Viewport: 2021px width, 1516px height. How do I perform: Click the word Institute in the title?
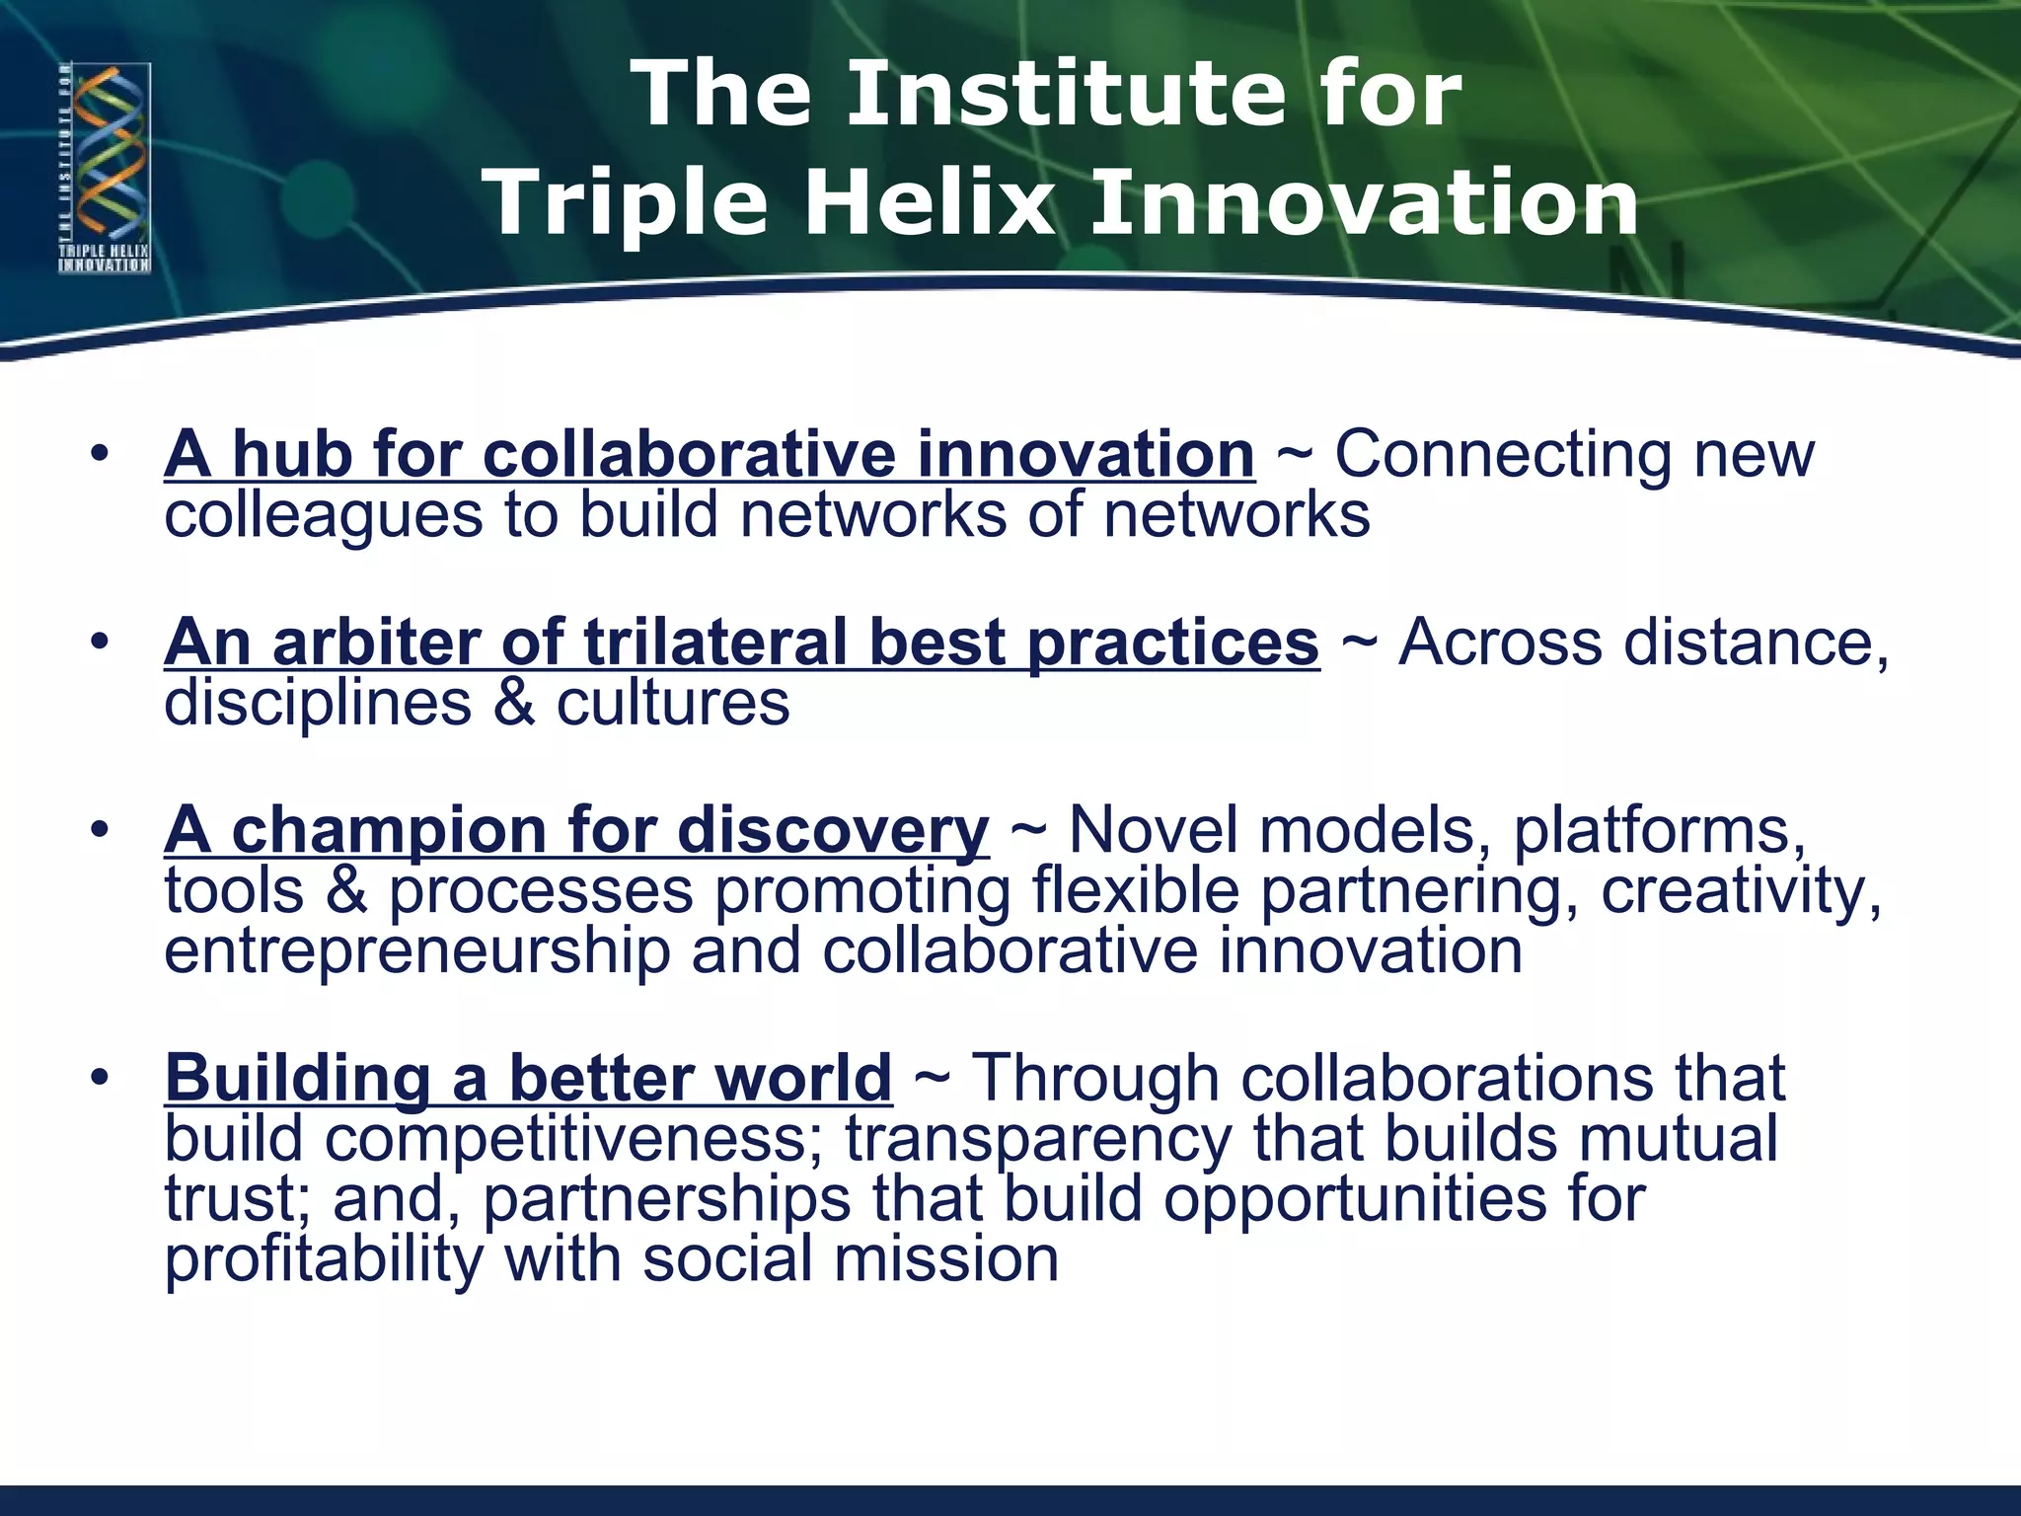(1067, 94)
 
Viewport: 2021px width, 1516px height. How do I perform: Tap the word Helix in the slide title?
(929, 202)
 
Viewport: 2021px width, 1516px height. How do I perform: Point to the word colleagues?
(324, 516)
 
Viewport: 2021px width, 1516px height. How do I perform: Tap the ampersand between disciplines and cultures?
(513, 704)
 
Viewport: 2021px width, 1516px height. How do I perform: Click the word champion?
(388, 830)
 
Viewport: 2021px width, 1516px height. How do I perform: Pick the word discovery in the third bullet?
(833, 830)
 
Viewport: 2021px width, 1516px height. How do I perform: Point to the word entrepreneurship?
(416, 951)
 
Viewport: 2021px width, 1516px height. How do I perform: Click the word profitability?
(324, 1260)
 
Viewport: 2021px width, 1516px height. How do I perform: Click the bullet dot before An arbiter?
(99, 644)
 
